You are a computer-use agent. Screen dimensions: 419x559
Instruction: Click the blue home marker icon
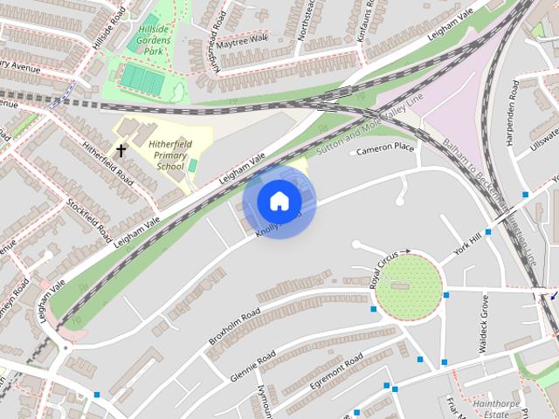click(x=278, y=202)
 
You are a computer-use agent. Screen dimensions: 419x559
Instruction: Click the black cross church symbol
click(x=121, y=151)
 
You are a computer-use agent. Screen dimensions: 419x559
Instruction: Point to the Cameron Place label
click(x=384, y=148)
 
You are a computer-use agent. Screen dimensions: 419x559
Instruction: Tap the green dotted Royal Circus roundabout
click(x=408, y=287)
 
